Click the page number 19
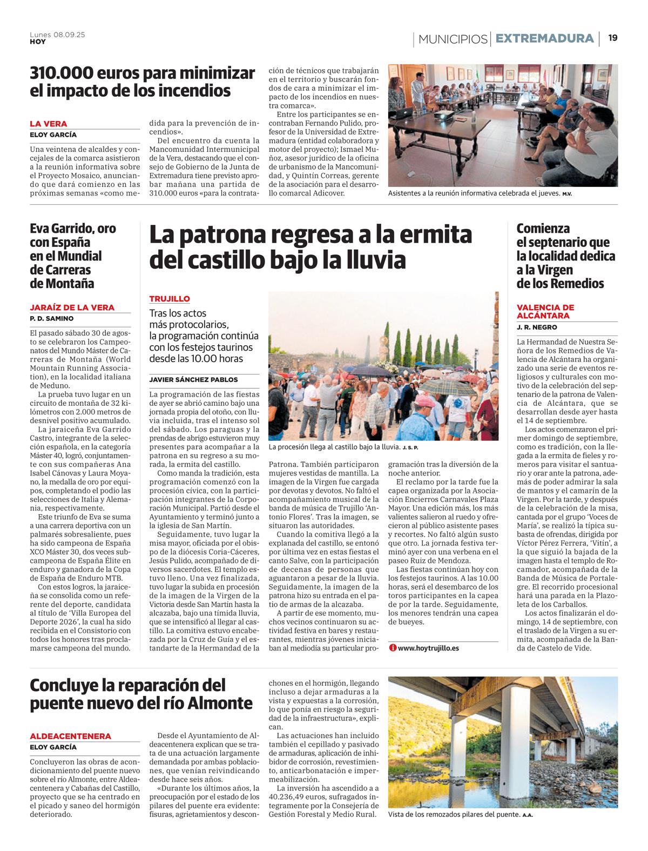click(x=613, y=38)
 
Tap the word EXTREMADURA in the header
click(x=544, y=38)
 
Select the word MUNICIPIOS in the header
click(x=453, y=39)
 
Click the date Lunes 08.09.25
click(x=57, y=35)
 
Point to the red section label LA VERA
click(x=49, y=124)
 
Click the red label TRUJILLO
click(x=170, y=299)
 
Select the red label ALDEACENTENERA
click(x=71, y=736)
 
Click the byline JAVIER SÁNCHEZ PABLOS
click(x=193, y=379)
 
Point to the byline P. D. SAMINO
click(x=51, y=318)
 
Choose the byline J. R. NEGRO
click(x=537, y=327)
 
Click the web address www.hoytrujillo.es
click(x=428, y=647)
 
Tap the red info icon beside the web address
click(x=393, y=647)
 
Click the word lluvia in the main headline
click(x=373, y=260)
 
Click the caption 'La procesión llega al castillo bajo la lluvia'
click(x=334, y=447)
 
